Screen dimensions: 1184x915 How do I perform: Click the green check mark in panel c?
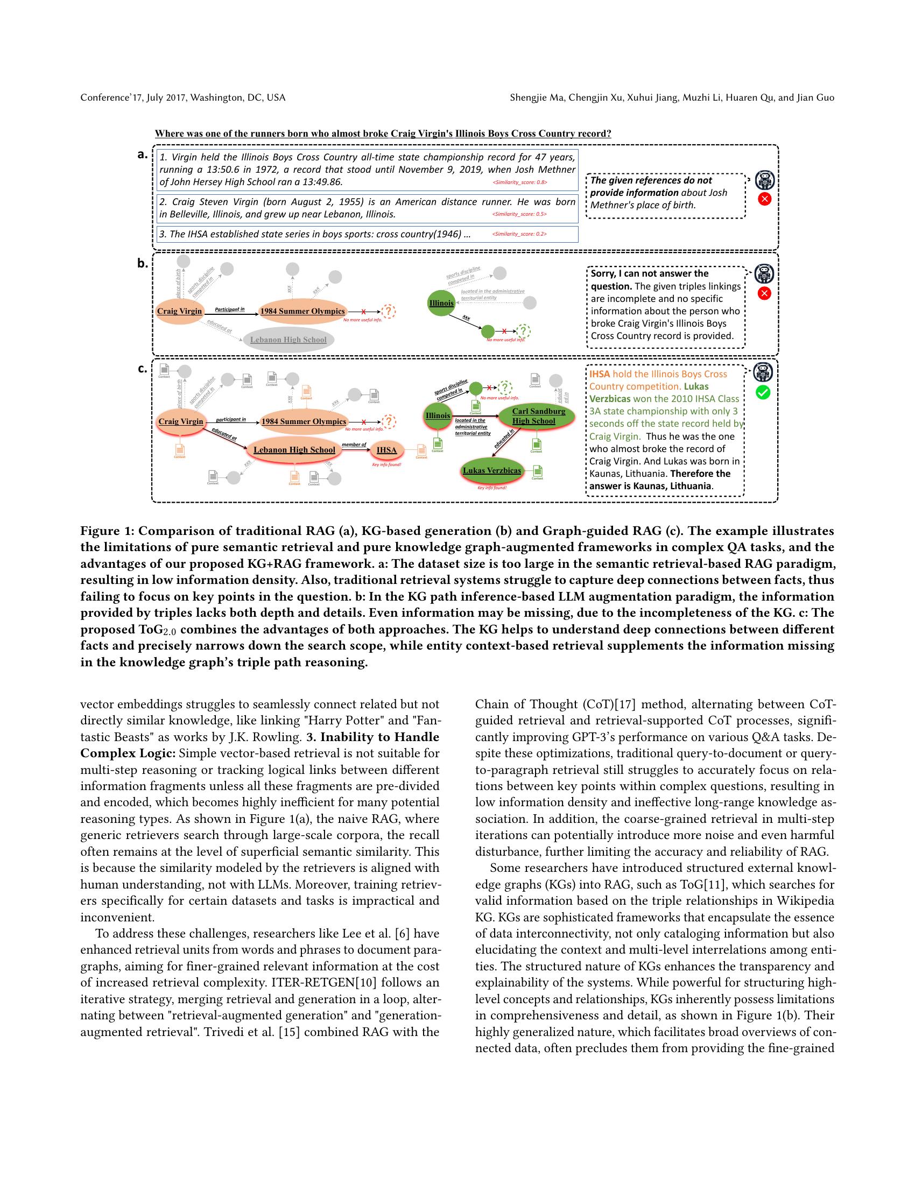(763, 392)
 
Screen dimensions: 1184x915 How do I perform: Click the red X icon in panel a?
(764, 199)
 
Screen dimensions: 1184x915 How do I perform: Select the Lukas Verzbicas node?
(492, 470)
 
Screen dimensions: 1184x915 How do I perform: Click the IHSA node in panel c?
(386, 450)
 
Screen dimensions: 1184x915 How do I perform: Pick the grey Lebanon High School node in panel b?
(288, 340)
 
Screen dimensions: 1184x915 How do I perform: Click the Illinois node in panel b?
(441, 303)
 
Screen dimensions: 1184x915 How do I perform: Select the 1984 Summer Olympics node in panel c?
(304, 421)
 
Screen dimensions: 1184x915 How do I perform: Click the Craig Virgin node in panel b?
(179, 311)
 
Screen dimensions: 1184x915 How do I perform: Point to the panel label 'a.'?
(143, 154)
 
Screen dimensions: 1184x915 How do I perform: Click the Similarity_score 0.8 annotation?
(519, 182)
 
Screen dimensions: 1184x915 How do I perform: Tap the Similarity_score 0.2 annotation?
(519, 234)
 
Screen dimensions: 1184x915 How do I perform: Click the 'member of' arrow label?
(354, 445)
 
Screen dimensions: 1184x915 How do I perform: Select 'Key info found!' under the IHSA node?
(386, 465)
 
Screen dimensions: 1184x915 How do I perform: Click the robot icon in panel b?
(764, 274)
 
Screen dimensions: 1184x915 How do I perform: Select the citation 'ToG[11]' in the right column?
(699, 884)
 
